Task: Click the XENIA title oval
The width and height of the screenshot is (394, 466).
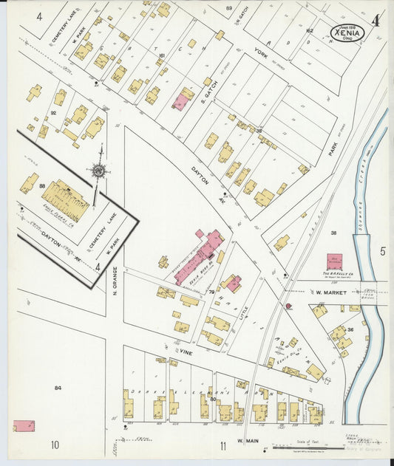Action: pos(347,32)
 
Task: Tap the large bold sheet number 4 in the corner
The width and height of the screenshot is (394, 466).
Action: pos(376,21)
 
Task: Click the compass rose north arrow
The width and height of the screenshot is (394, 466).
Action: pos(98,171)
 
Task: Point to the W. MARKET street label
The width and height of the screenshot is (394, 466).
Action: pos(331,292)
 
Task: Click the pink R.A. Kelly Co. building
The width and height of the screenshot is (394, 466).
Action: pos(335,262)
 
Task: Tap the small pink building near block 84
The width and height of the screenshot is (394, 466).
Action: pos(24,426)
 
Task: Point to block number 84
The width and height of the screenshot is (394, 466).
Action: pos(57,387)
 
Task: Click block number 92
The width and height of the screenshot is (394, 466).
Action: pos(53,113)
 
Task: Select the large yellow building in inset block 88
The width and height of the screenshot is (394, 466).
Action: pos(65,199)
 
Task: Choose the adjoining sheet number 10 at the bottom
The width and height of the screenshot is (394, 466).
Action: pos(55,445)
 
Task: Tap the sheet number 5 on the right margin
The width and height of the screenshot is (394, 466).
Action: pos(382,252)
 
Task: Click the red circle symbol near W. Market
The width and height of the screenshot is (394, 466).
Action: pos(288,305)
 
